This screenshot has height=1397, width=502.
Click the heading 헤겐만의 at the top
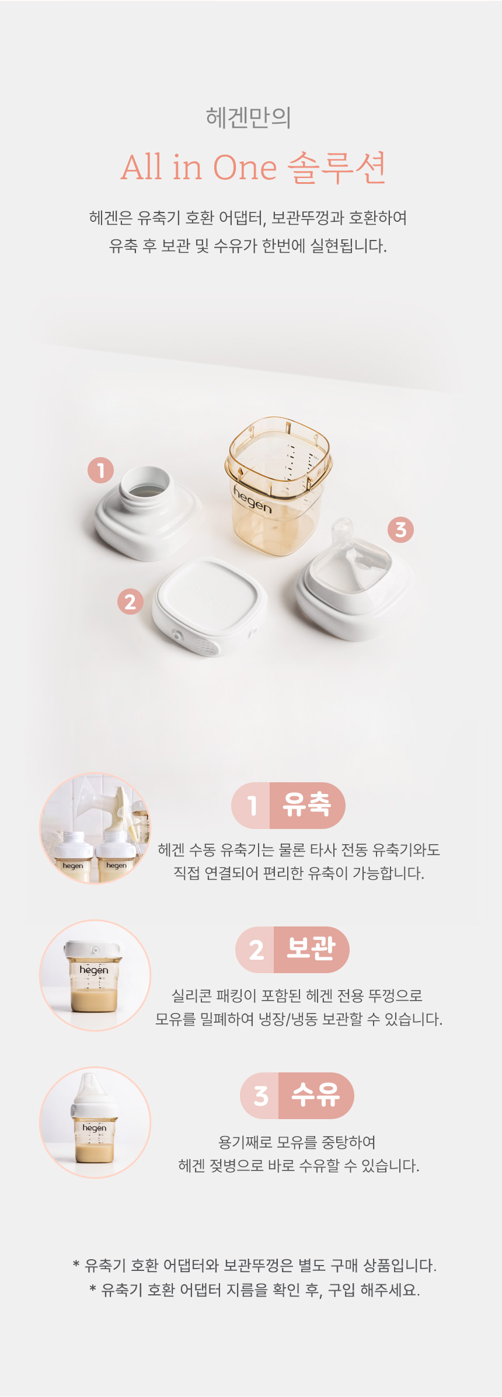point(249,117)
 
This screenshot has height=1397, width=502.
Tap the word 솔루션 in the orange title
point(337,168)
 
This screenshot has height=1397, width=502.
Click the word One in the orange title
point(245,168)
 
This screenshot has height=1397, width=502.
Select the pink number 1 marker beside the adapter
point(101,470)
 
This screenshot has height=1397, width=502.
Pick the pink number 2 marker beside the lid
point(130,601)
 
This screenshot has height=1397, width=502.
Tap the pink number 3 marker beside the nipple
point(400,529)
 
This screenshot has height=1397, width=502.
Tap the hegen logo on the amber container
point(252,500)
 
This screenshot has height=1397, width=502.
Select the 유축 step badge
point(288,805)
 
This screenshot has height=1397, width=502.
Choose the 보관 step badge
point(292,949)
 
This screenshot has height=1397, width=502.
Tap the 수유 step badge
point(297,1095)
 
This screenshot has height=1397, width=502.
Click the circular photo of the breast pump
point(95,828)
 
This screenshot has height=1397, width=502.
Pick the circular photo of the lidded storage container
point(95,976)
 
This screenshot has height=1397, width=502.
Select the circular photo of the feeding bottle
point(95,1123)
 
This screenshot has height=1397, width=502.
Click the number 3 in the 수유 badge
point(261,1096)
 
